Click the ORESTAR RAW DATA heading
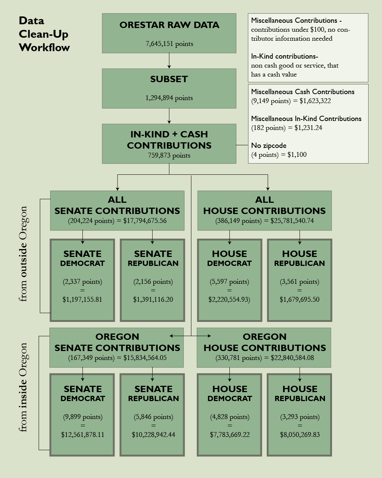[x=169, y=25]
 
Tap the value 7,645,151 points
[x=169, y=44]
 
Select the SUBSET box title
[x=169, y=79]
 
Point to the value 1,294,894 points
[x=169, y=98]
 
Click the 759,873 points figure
[x=169, y=155]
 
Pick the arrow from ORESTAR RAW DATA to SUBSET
[x=169, y=60]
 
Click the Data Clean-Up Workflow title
[x=44, y=34]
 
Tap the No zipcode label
[x=269, y=145]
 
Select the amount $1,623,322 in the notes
[x=315, y=101]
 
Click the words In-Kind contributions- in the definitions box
[x=284, y=56]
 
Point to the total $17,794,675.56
[x=145, y=221]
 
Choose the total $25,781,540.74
[x=292, y=221]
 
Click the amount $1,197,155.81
[x=82, y=299]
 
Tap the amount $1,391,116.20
[x=153, y=299]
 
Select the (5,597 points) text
[x=229, y=282]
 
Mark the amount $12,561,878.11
[x=82, y=434]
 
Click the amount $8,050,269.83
[x=300, y=434]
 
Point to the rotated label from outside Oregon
[x=24, y=254]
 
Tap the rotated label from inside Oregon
[x=24, y=387]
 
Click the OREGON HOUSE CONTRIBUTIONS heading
[x=264, y=342]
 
